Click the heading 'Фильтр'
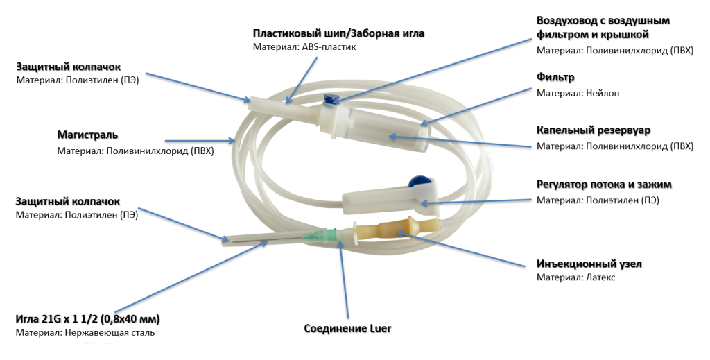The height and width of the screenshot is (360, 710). coord(556,76)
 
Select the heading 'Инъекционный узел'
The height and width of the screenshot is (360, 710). coord(589,264)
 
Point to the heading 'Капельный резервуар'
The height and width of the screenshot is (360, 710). coord(594,130)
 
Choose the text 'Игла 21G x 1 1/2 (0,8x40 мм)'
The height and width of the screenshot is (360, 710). coord(88,319)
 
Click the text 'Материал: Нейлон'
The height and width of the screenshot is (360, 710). coord(578,93)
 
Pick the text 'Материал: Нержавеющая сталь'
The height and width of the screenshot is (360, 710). coord(85,333)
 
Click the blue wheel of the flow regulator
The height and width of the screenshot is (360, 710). coord(419,182)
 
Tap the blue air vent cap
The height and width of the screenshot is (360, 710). coord(331,101)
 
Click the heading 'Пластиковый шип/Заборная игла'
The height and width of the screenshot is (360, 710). coord(338,33)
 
